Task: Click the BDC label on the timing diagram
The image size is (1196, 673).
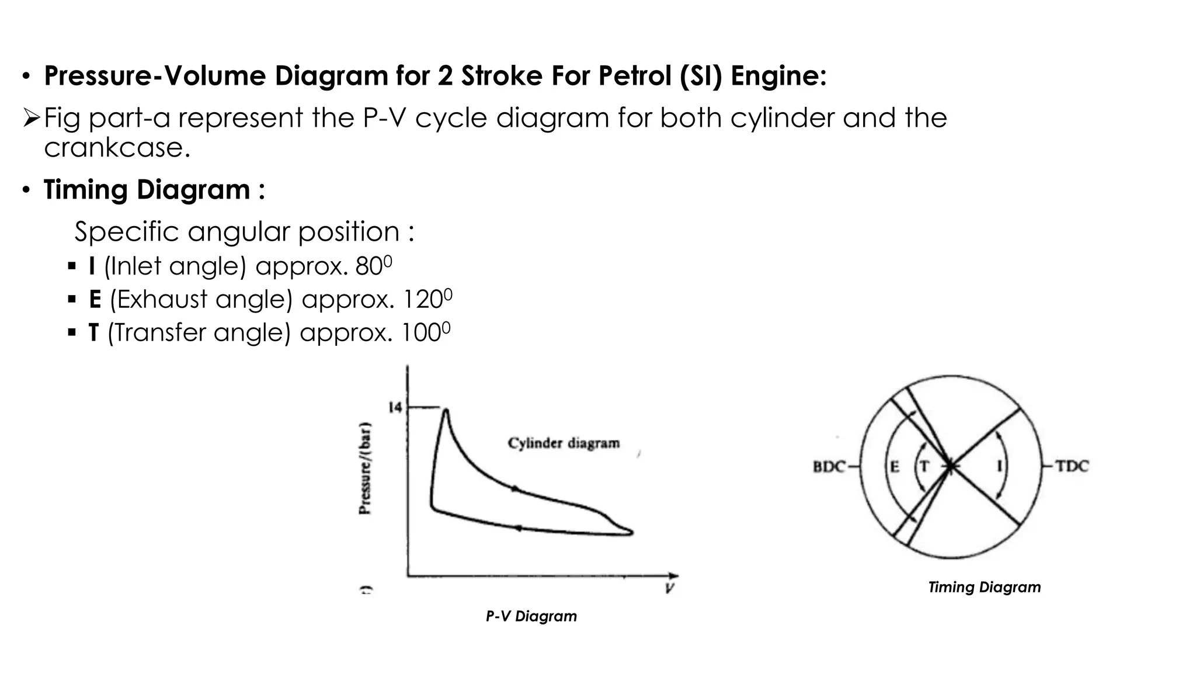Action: point(829,467)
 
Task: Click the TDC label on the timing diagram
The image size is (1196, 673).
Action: point(1072,466)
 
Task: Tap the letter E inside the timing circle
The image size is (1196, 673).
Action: point(894,467)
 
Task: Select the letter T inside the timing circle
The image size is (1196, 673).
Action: point(924,466)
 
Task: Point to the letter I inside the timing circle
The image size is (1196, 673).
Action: point(999,466)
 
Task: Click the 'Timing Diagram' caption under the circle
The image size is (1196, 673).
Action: point(984,587)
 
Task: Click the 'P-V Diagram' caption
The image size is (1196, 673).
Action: point(531,616)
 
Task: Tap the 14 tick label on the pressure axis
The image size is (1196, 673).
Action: point(395,407)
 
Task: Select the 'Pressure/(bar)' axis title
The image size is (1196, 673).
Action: point(365,467)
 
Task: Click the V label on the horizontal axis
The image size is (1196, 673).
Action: point(669,588)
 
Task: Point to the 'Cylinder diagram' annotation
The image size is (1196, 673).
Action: point(564,443)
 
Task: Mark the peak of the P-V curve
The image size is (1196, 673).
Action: point(446,411)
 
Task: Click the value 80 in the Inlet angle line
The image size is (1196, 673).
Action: point(368,266)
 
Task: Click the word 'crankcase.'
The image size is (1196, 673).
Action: point(117,147)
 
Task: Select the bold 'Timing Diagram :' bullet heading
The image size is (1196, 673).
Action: point(154,190)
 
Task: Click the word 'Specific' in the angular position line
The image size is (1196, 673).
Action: point(126,232)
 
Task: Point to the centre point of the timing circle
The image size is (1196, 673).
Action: point(950,466)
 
